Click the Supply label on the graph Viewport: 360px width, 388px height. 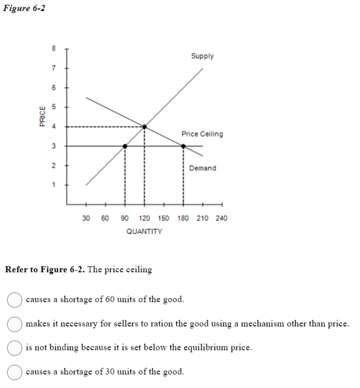[x=202, y=56]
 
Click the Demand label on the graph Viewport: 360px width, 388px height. [x=203, y=168]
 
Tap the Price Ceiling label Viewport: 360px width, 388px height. [x=202, y=134]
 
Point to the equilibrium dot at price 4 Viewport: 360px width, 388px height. [x=144, y=127]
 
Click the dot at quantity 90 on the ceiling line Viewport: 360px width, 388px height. [x=125, y=146]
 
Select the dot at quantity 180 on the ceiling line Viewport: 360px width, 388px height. [x=183, y=146]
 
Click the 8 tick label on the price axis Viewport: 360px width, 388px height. [x=54, y=48]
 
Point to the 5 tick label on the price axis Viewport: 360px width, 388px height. [x=54, y=107]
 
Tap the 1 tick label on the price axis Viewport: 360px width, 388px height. [x=54, y=185]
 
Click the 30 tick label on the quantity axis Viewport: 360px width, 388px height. [x=86, y=219]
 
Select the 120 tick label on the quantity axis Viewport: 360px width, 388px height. [x=144, y=219]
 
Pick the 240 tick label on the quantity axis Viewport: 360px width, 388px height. [x=221, y=219]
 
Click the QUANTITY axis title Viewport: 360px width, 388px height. [x=144, y=231]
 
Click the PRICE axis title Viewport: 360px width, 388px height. [x=42, y=117]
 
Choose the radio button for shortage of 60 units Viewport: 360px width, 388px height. [x=14, y=299]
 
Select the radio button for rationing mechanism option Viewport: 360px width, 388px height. [x=14, y=323]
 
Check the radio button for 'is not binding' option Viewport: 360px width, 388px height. [x=14, y=347]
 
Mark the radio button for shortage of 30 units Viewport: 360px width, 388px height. [x=14, y=372]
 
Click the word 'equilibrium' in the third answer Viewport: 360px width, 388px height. [x=203, y=347]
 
